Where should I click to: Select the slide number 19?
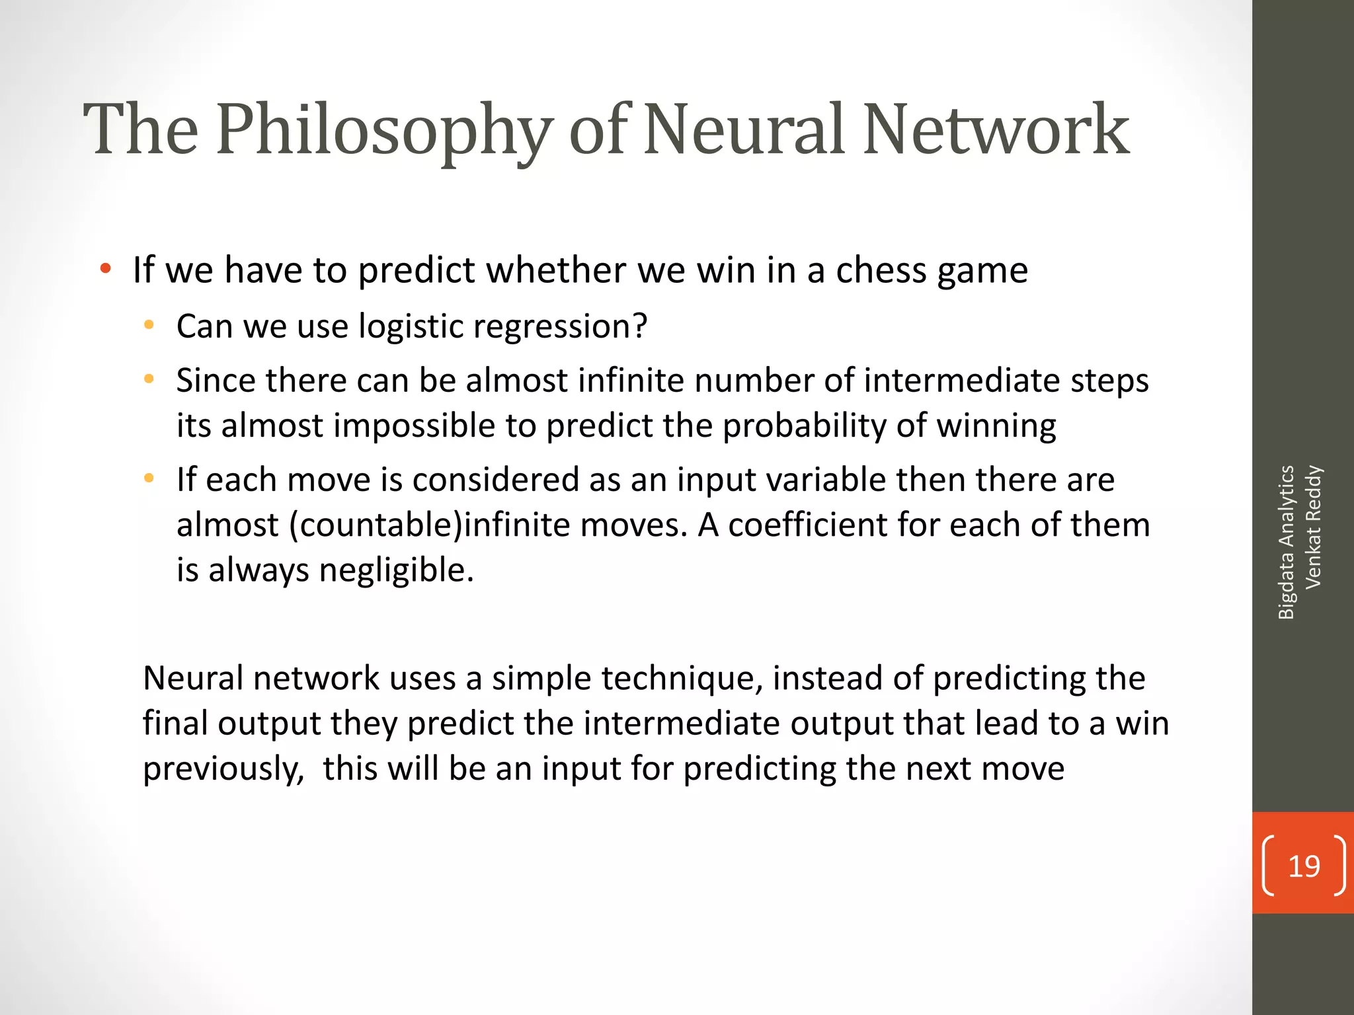[1304, 866]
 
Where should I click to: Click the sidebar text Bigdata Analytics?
[1286, 542]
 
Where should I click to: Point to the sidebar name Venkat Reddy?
[1313, 527]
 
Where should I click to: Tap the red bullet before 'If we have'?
[105, 269]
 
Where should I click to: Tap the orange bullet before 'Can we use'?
[149, 325]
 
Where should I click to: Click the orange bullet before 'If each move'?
[149, 478]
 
